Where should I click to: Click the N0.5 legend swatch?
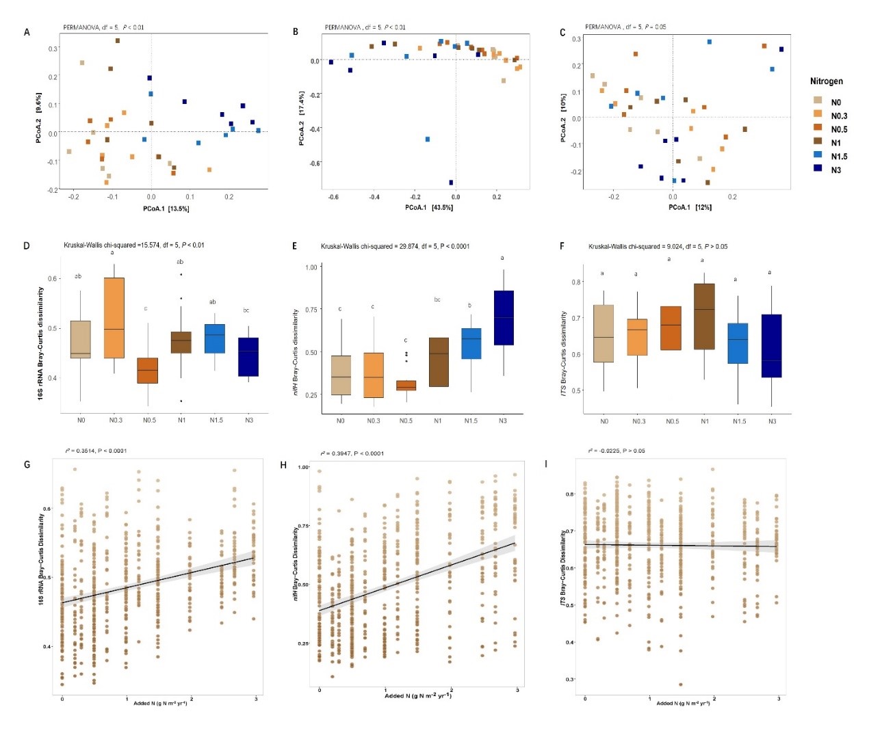tap(818, 128)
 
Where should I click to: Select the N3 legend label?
tap(836, 170)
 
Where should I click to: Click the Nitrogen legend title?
tap(826, 81)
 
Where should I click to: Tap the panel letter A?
tap(27, 32)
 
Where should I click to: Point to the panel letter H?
tap(283, 465)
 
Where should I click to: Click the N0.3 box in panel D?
tap(114, 318)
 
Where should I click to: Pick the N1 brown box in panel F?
tap(704, 317)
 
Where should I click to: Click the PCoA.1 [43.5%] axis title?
tap(428, 207)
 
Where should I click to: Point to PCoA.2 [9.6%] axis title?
tap(39, 118)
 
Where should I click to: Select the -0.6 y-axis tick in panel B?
tap(315, 163)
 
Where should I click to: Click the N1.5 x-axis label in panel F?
tap(739, 421)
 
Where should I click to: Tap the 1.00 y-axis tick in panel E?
tap(311, 267)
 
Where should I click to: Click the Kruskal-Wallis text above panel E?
tap(395, 246)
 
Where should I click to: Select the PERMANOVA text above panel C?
tap(625, 27)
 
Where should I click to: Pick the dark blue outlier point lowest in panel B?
tap(451, 183)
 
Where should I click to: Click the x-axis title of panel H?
tap(418, 695)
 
